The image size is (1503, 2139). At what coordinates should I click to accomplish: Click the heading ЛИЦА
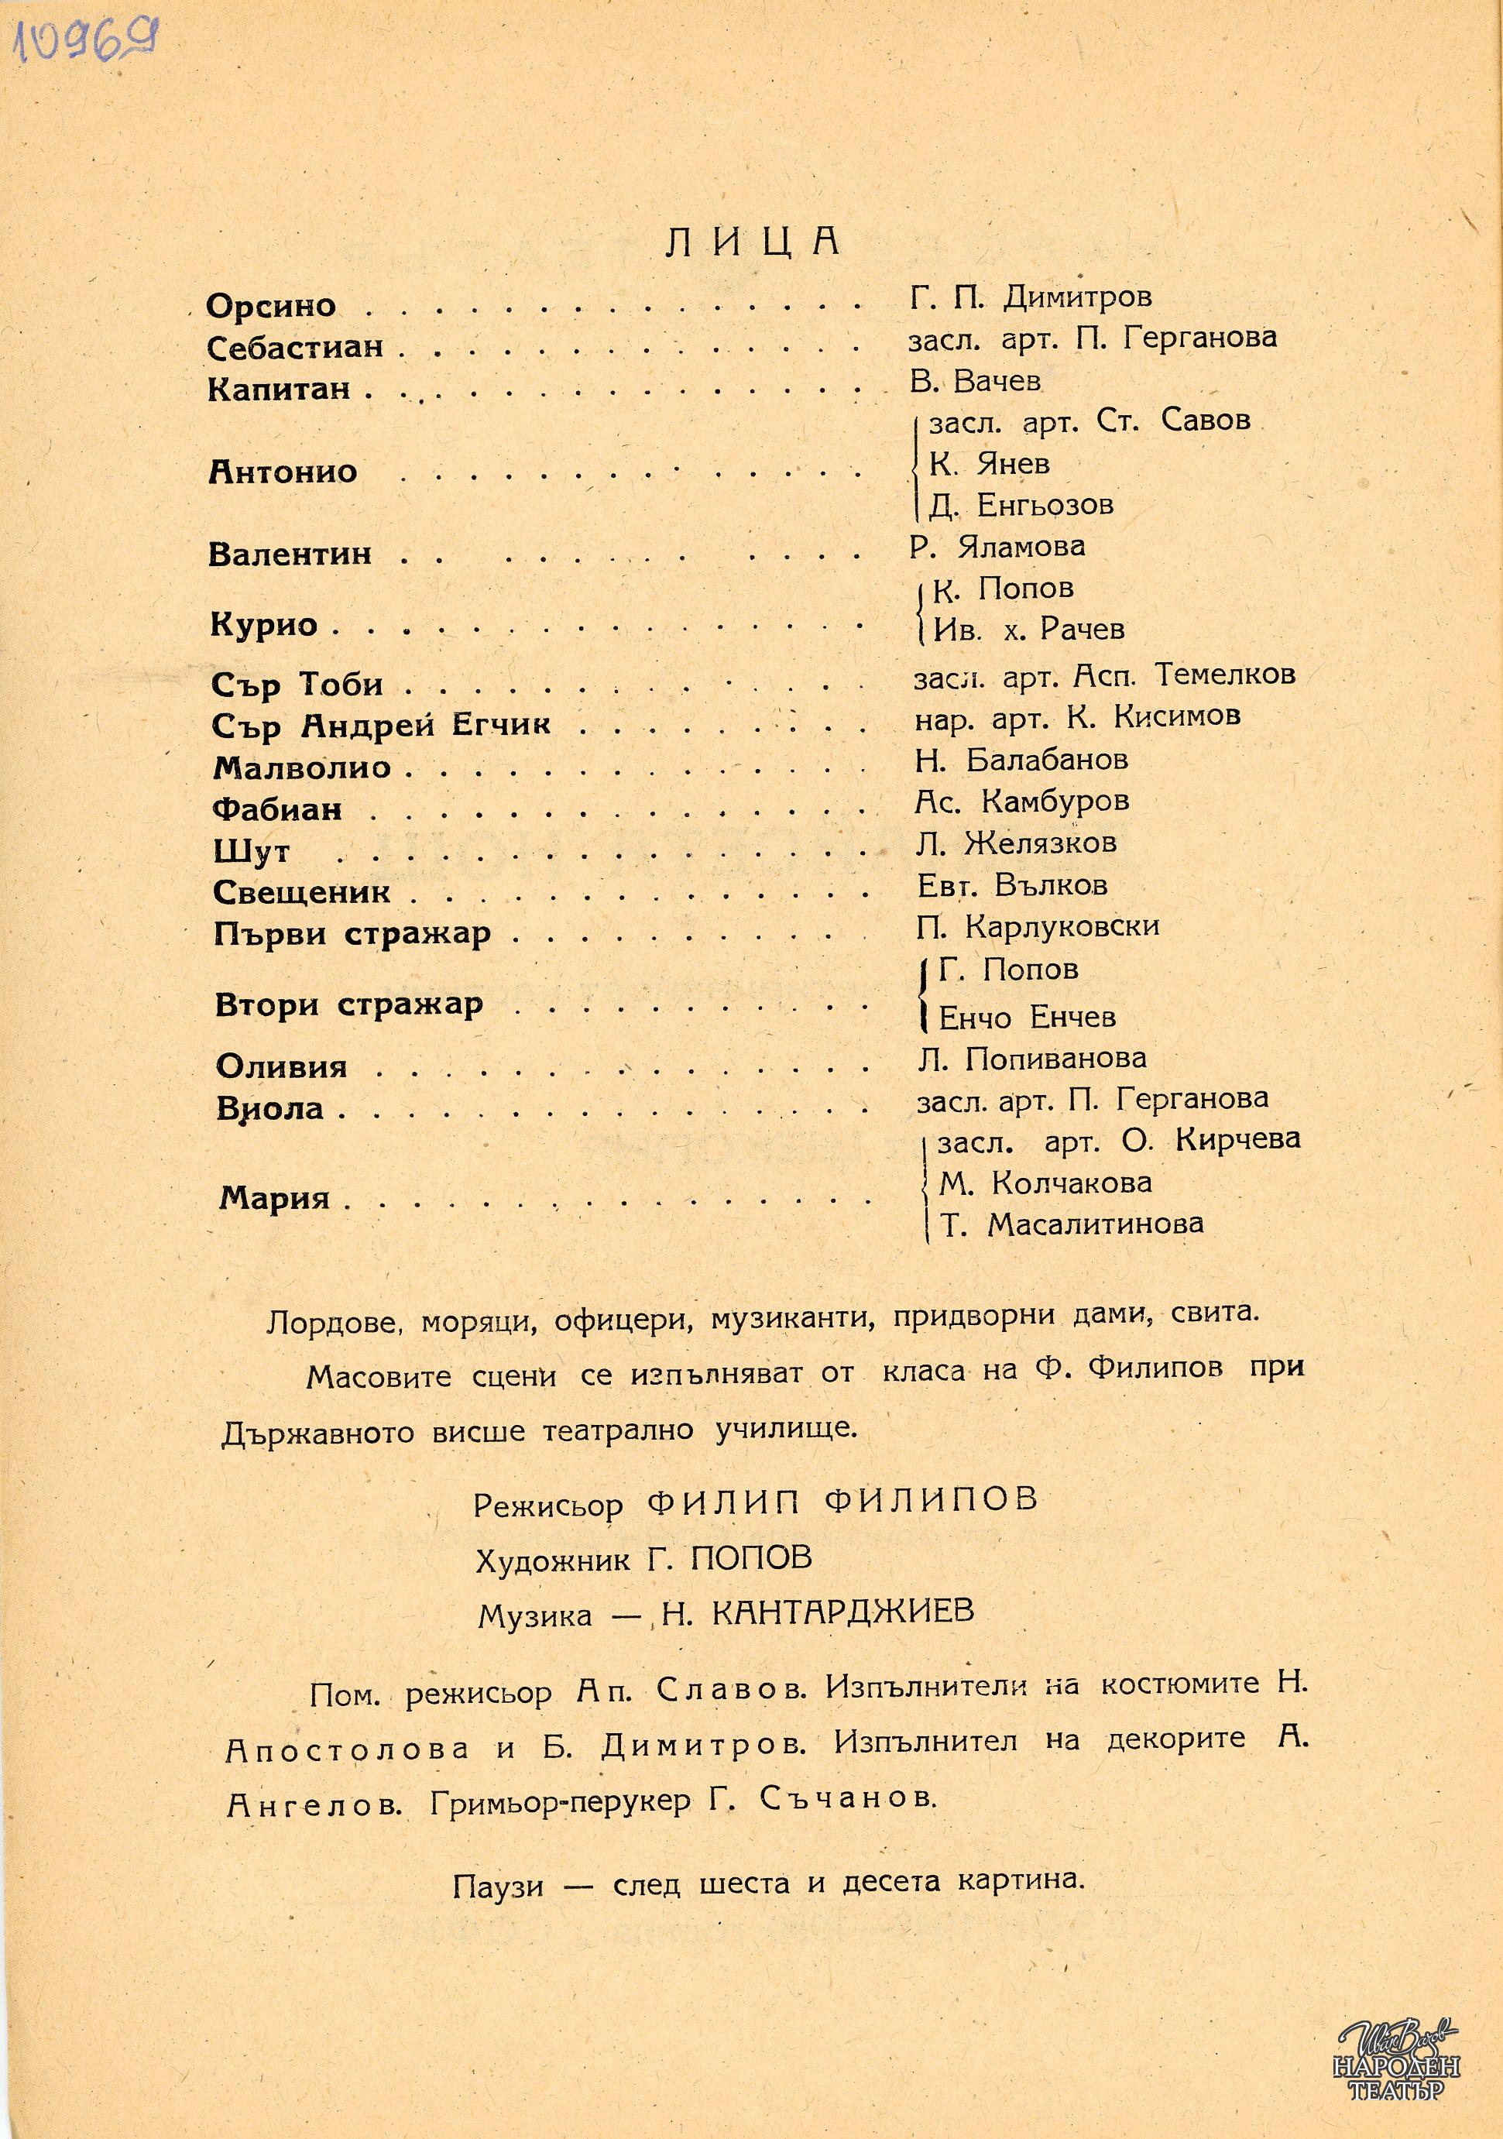tap(753, 240)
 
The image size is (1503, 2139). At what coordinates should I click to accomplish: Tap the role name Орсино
tap(271, 306)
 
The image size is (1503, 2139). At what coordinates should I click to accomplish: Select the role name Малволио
tap(302, 767)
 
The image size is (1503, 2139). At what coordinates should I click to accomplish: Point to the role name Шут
tap(252, 852)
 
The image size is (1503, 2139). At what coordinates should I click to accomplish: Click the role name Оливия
tap(281, 1066)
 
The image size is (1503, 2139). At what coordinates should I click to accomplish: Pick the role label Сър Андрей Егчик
tap(381, 725)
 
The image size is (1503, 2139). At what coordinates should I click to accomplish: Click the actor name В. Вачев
tap(974, 380)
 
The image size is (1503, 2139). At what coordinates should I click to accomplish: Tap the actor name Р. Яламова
tap(997, 546)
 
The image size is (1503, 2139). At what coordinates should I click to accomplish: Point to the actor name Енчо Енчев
tap(1026, 1018)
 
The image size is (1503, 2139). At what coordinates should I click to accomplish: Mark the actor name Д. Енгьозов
tap(1021, 505)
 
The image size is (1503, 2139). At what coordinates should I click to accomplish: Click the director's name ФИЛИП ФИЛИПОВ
tap(841, 1501)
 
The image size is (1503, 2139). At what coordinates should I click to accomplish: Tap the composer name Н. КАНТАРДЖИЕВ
tap(815, 1612)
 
